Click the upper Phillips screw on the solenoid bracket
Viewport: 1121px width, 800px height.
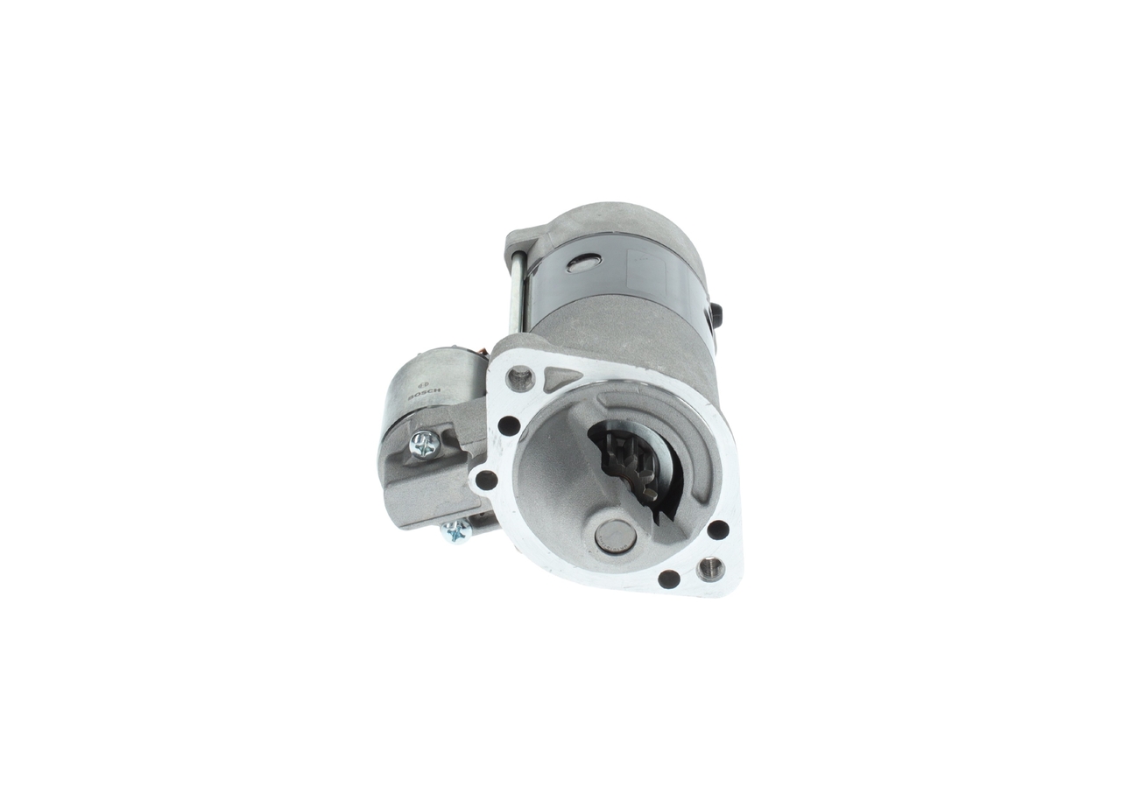(x=423, y=446)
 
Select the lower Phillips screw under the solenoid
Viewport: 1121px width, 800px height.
(x=455, y=530)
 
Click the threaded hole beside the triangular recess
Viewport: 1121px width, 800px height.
(x=521, y=378)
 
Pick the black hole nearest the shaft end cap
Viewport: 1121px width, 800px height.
(x=668, y=578)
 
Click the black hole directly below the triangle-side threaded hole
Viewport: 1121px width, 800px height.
(x=507, y=426)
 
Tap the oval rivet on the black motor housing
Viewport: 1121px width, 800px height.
(x=583, y=262)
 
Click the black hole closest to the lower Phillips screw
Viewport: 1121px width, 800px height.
(x=482, y=479)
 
